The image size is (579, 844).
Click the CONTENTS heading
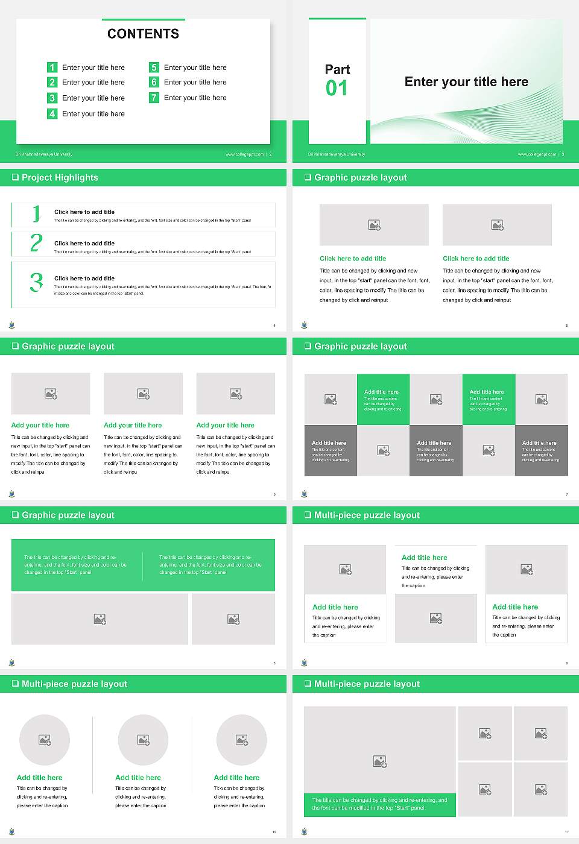click(143, 34)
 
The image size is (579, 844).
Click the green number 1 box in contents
click(52, 68)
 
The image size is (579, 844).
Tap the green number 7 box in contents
click(154, 98)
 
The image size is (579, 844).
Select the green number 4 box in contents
click(52, 113)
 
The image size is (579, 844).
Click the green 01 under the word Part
click(337, 89)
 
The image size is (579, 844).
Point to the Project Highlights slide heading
click(60, 178)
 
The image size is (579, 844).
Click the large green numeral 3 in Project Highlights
click(36, 282)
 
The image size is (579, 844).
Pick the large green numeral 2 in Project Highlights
click(36, 243)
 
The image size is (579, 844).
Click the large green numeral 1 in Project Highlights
click(36, 213)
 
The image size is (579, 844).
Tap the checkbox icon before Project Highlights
click(15, 177)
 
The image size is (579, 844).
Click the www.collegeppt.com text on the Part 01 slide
click(537, 154)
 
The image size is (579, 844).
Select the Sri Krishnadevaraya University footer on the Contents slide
click(44, 154)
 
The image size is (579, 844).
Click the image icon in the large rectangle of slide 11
click(379, 762)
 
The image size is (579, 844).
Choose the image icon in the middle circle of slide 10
click(143, 740)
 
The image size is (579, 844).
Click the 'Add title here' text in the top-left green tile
click(381, 392)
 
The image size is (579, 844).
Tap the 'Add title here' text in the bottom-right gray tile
click(539, 443)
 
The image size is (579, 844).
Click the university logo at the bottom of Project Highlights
click(12, 325)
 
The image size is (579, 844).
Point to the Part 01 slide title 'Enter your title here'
click(466, 82)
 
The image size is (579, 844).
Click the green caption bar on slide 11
click(379, 804)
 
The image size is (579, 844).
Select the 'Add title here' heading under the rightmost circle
click(236, 778)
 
